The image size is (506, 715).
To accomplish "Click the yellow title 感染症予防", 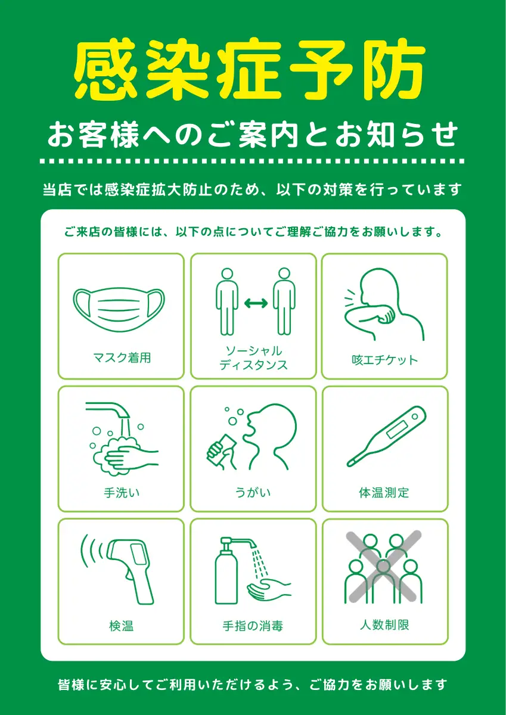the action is (249, 69).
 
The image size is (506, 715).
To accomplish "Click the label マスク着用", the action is (122, 358).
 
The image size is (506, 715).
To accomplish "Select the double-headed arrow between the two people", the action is (256, 303).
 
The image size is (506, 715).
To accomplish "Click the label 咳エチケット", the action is (384, 360).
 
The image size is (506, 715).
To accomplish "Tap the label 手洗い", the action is (122, 493).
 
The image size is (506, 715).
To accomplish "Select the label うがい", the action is (253, 492).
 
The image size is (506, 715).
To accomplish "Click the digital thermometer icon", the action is (387, 436).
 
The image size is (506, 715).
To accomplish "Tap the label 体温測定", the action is (384, 493).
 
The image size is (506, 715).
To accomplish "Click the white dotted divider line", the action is (252, 161).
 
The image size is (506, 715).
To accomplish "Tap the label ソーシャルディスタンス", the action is (253, 358).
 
